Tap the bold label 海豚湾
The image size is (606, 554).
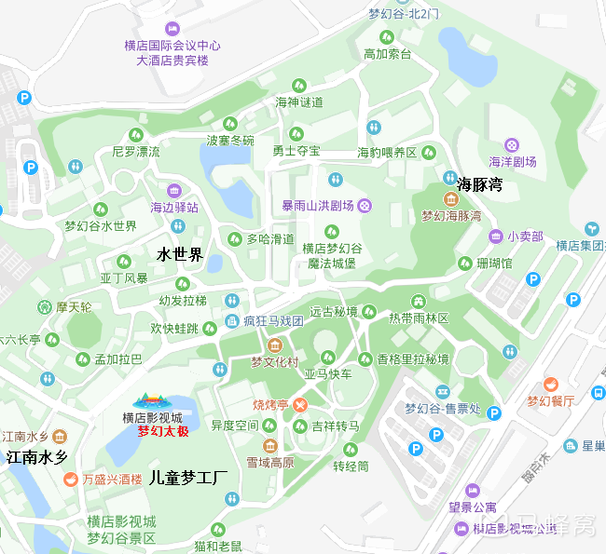pyautogui.click(x=480, y=184)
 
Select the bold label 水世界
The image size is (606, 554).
pyautogui.click(x=180, y=254)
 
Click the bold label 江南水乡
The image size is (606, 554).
pyautogui.click(x=37, y=457)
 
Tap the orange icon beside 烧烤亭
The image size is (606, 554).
pyautogui.click(x=300, y=405)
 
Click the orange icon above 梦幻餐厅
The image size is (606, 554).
pyautogui.click(x=550, y=384)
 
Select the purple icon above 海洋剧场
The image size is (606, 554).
pyautogui.click(x=512, y=144)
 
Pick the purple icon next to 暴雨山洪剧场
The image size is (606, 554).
pyautogui.click(x=365, y=206)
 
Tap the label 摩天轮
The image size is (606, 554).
pyautogui.click(x=75, y=306)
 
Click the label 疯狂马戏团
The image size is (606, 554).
pyautogui.click(x=274, y=321)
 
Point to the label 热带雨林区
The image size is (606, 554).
pyautogui.click(x=419, y=318)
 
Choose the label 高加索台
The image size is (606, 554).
pyautogui.click(x=387, y=55)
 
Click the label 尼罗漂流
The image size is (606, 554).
pyautogui.click(x=136, y=151)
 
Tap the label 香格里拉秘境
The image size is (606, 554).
pyautogui.click(x=413, y=359)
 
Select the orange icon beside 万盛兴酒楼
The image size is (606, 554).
pyautogui.click(x=70, y=480)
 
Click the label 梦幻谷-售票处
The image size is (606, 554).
pyautogui.click(x=443, y=409)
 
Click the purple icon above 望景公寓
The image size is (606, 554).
pyautogui.click(x=473, y=490)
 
